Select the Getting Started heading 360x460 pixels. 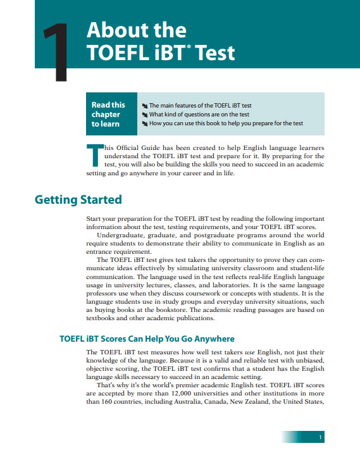coord(78,200)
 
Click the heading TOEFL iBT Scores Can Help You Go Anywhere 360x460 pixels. coord(147,339)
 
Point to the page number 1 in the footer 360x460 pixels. coord(321,438)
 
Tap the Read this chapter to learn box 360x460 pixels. coord(109,114)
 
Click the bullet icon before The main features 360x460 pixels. coord(144,105)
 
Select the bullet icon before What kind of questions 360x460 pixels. coord(144,114)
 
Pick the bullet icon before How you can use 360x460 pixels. coord(144,123)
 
